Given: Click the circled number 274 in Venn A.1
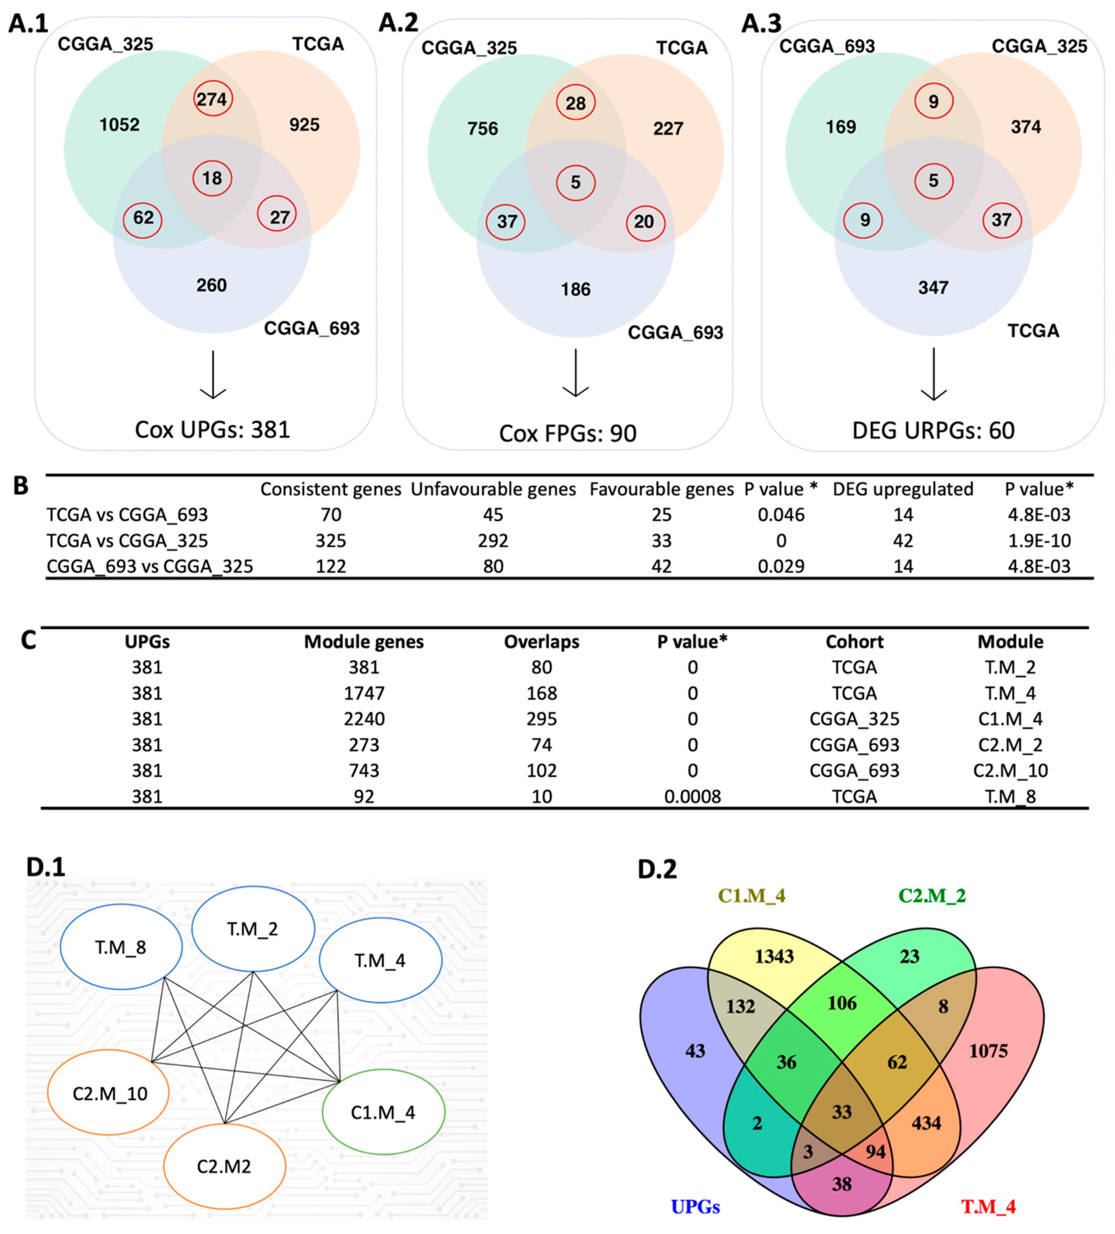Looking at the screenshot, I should tap(212, 99).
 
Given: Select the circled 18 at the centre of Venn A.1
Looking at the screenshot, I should tap(212, 178).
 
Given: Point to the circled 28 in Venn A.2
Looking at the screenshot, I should tap(575, 103).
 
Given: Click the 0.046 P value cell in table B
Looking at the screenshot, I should tap(781, 515).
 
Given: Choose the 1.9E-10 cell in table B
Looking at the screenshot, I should tap(1039, 540).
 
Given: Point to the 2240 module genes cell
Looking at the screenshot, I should tap(364, 719).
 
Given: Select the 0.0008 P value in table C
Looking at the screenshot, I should tap(692, 797).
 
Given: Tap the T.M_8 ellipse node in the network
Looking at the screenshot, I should tap(121, 948).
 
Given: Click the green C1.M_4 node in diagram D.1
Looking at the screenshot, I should tap(383, 1112).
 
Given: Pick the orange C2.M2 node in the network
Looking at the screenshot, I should tap(224, 1167).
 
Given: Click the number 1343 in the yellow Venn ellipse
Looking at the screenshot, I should tap(774, 956).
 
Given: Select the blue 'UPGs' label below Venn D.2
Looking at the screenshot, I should tap(695, 1207).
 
